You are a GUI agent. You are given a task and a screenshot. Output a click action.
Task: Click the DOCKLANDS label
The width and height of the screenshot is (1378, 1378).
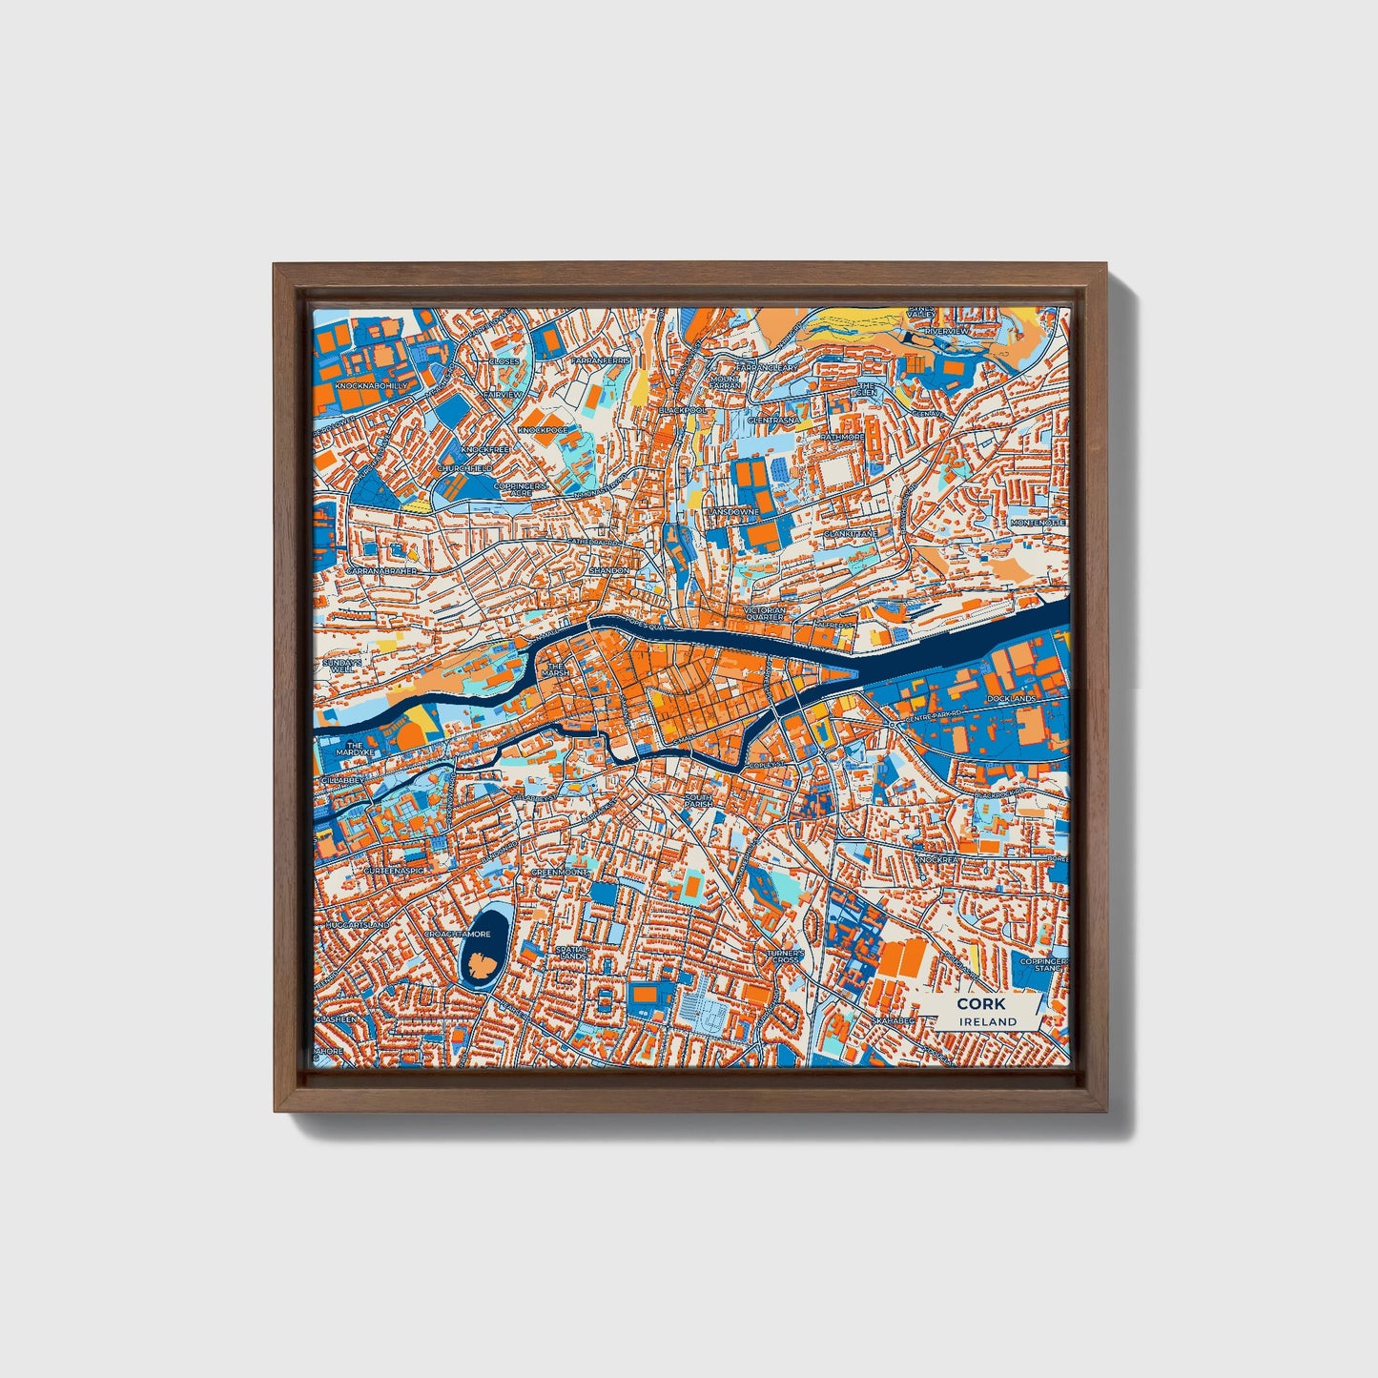[1012, 699]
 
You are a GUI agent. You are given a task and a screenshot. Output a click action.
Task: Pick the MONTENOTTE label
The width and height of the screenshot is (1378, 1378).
[1036, 523]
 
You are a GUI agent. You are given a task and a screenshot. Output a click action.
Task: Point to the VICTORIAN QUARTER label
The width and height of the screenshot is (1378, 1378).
[764, 613]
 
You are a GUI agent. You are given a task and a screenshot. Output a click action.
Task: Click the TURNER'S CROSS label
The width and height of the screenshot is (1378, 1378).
[786, 956]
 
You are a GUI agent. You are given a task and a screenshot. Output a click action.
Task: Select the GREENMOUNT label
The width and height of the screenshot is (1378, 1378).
[560, 872]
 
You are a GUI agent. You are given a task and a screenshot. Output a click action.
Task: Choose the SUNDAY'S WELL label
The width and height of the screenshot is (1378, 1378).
[340, 666]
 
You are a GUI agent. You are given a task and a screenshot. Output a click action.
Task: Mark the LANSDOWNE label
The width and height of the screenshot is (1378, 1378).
[732, 512]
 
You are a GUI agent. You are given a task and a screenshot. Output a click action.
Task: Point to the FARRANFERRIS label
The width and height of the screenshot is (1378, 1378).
[601, 361]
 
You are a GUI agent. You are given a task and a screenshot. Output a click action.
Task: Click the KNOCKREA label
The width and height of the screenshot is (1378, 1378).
[936, 859]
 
